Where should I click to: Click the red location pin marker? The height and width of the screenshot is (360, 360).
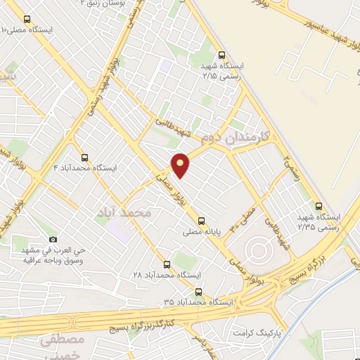coord(181,164)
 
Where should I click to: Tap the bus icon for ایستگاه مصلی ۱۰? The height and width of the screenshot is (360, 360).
coord(27,20)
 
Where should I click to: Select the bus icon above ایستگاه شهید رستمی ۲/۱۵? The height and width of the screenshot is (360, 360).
coord(222,54)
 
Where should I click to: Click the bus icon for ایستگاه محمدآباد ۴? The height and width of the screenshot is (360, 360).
coord(85,157)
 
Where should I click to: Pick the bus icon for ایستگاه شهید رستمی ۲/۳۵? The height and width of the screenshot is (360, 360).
coord(320,207)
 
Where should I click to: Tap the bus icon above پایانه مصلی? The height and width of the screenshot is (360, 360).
coord(202,219)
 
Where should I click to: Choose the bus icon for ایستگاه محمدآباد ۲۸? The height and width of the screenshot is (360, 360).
coord(167,264)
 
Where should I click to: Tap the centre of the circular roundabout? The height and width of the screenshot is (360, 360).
coord(256,250)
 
